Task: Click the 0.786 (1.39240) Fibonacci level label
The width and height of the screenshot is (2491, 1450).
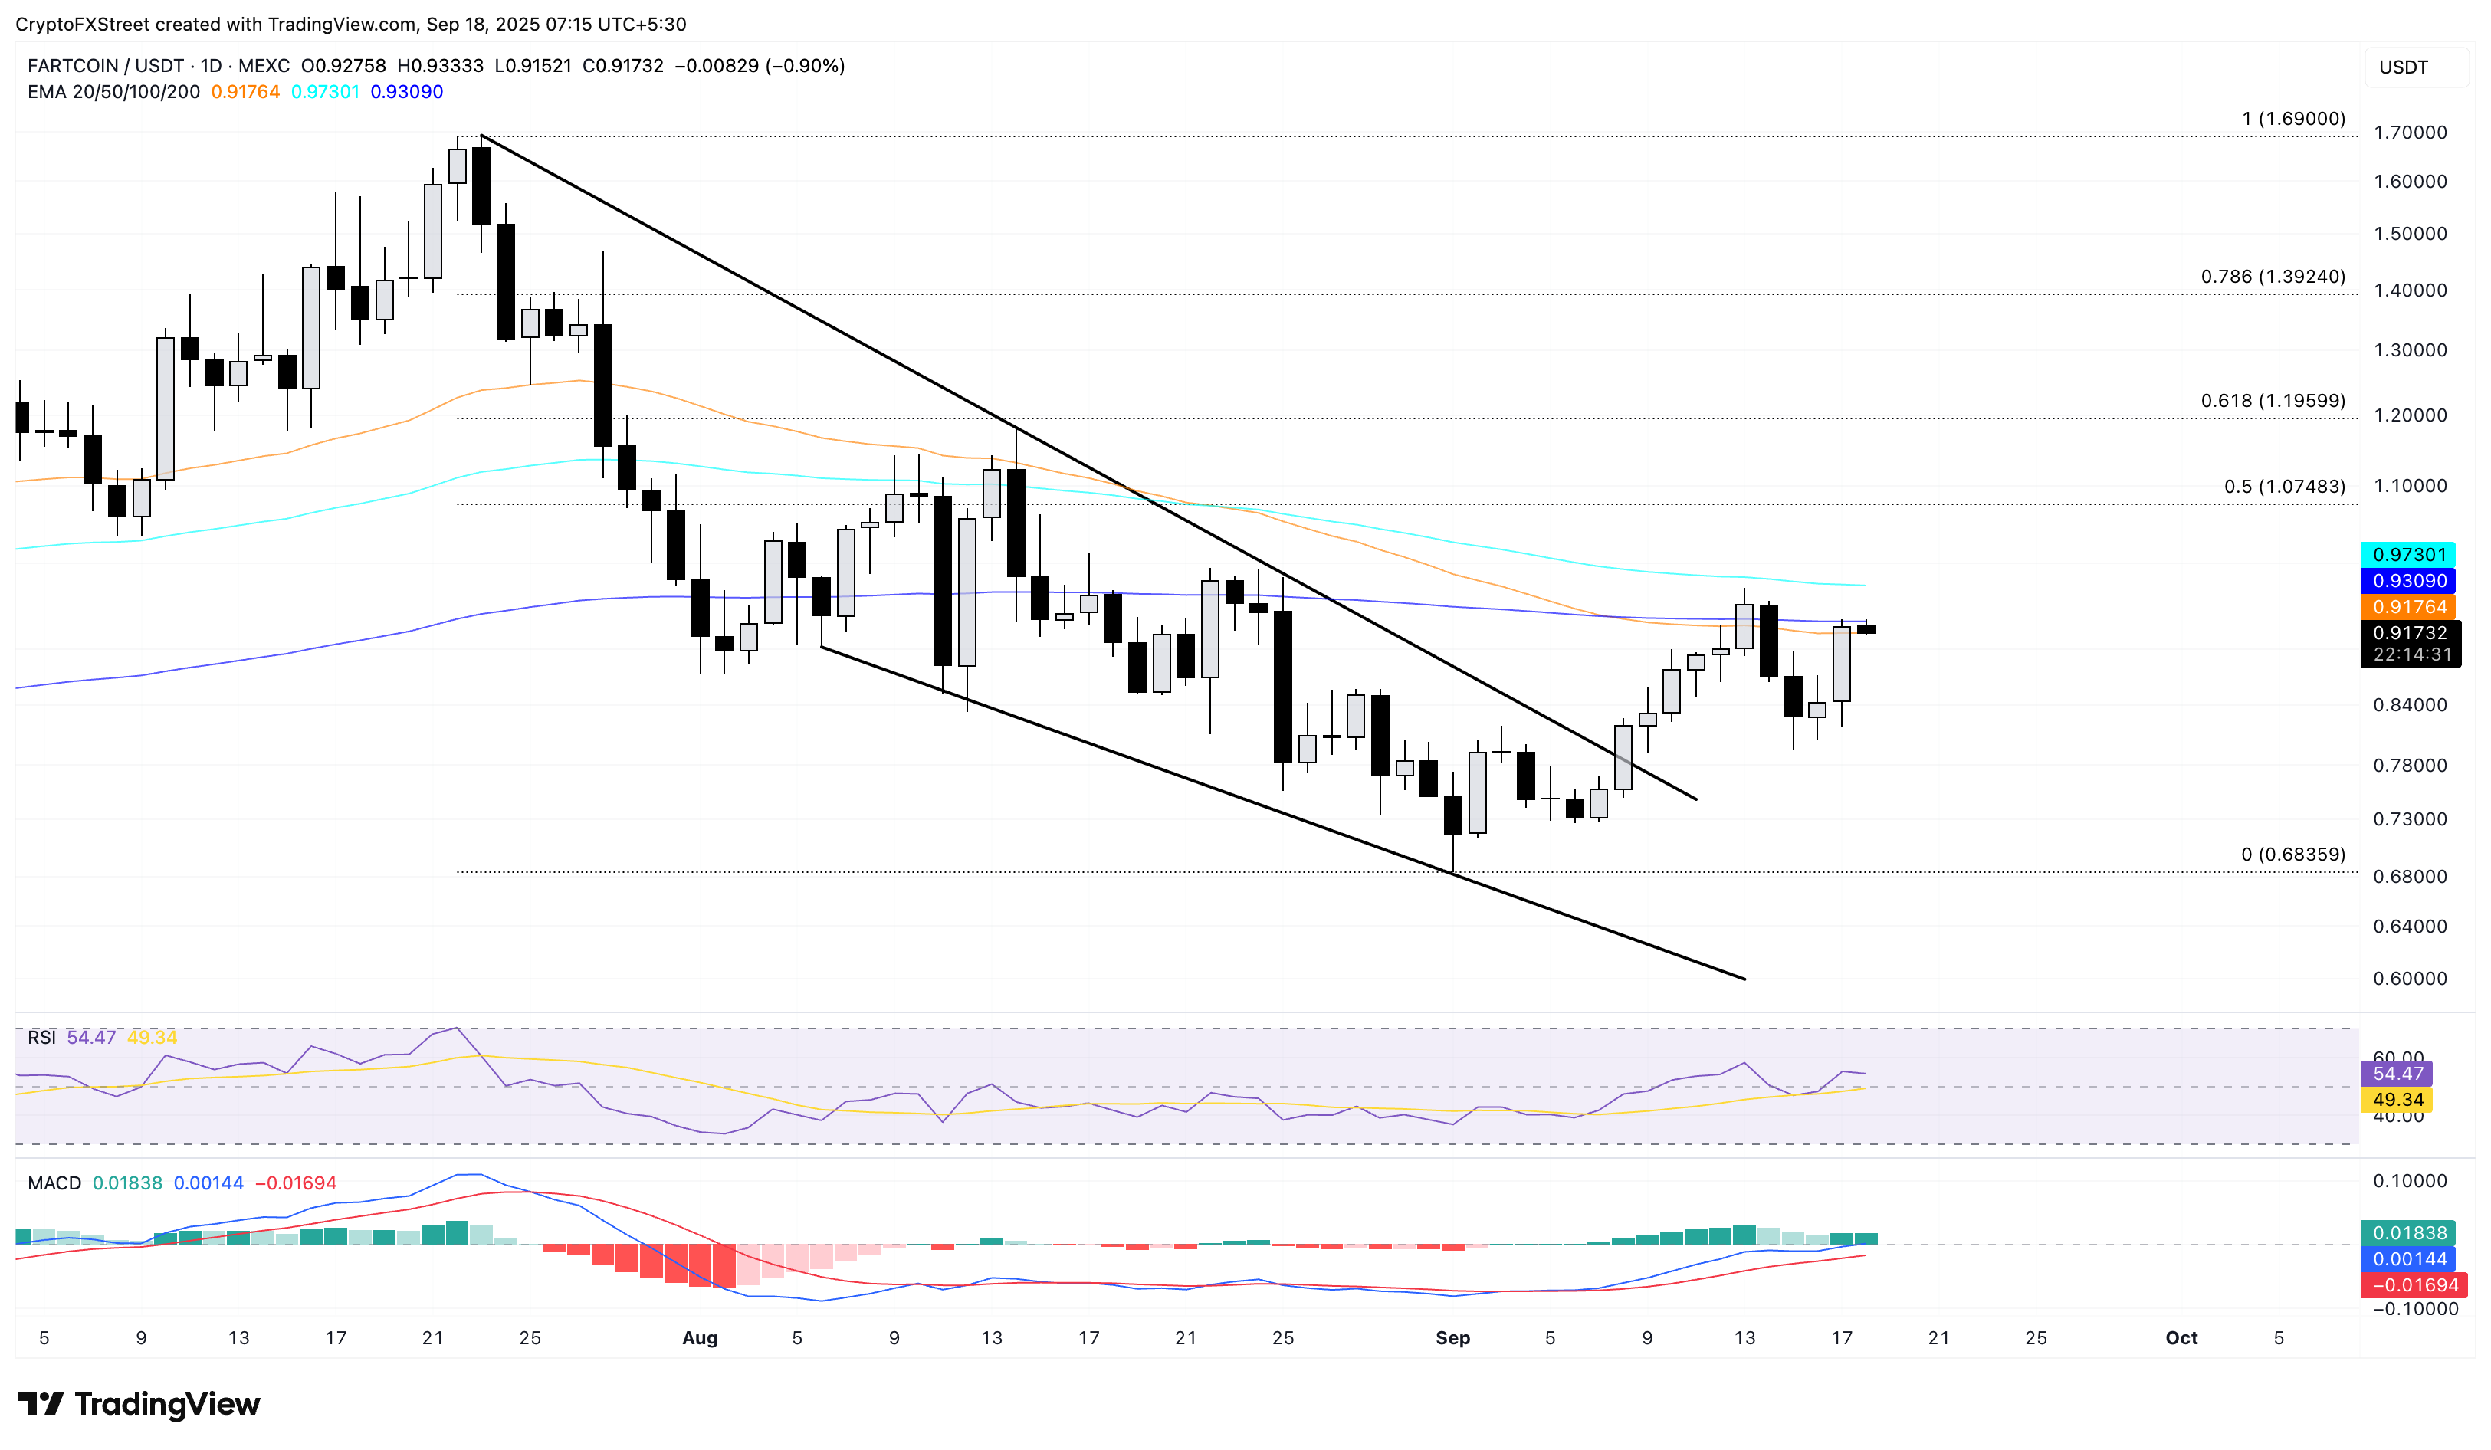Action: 2272,277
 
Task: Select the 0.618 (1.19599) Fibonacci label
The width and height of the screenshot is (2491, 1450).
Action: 2272,400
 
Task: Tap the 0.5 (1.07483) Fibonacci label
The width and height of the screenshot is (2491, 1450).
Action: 2283,487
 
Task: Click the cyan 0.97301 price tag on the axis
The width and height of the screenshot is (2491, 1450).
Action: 2409,555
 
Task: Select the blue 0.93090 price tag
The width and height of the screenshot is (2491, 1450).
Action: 2409,581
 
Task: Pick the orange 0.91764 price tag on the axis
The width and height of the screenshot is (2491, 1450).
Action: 2409,607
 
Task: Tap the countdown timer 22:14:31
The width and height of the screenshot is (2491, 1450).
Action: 2411,654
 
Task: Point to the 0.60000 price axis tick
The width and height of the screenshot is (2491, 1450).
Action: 2409,979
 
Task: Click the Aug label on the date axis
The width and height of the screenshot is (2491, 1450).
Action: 700,1337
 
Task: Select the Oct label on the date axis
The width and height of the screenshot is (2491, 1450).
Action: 2181,1337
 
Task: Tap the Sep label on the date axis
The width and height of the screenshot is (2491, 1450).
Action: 1452,1337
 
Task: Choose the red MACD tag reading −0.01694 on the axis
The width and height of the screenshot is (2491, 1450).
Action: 2409,1285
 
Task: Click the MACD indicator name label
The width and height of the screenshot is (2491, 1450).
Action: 54,1183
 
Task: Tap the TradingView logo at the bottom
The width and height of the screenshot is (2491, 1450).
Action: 139,1403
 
